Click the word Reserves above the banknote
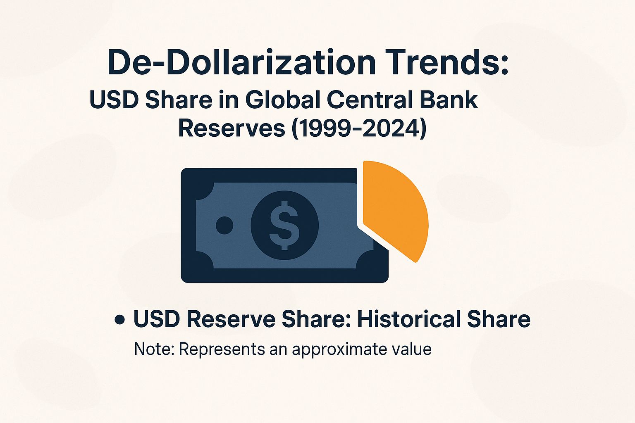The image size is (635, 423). [x=232, y=128]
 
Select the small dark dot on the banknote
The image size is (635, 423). [x=224, y=226]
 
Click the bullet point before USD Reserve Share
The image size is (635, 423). [x=120, y=320]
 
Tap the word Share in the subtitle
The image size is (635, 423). [x=178, y=100]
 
